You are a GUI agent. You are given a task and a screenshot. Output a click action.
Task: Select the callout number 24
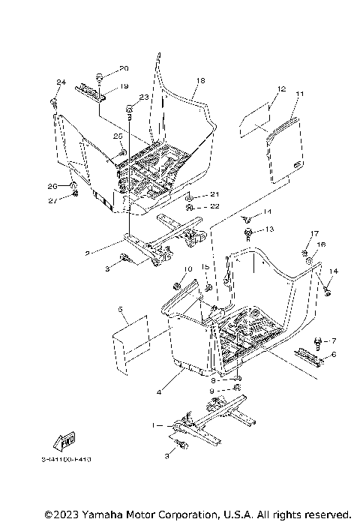tap(61, 82)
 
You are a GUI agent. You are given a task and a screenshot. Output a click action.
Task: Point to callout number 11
tap(299, 94)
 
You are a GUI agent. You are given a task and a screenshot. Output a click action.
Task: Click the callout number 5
tap(119, 309)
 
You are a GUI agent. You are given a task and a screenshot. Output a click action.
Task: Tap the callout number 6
tap(334, 354)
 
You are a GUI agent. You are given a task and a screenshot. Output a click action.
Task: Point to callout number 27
tap(52, 201)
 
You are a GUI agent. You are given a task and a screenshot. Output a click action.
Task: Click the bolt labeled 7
tap(318, 341)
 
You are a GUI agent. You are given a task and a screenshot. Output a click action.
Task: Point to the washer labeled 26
tap(74, 185)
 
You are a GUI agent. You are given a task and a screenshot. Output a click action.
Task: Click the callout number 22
tap(214, 206)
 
